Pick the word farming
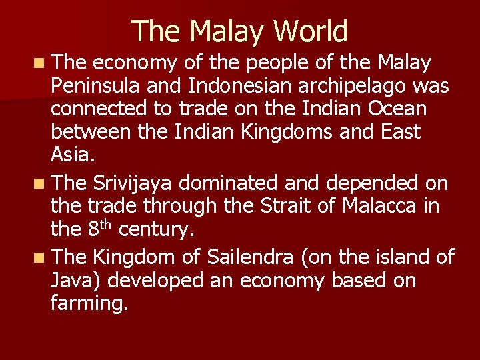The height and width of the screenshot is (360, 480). click(89, 303)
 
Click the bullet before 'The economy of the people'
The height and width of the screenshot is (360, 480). click(42, 64)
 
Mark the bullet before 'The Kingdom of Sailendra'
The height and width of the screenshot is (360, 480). click(42, 257)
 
